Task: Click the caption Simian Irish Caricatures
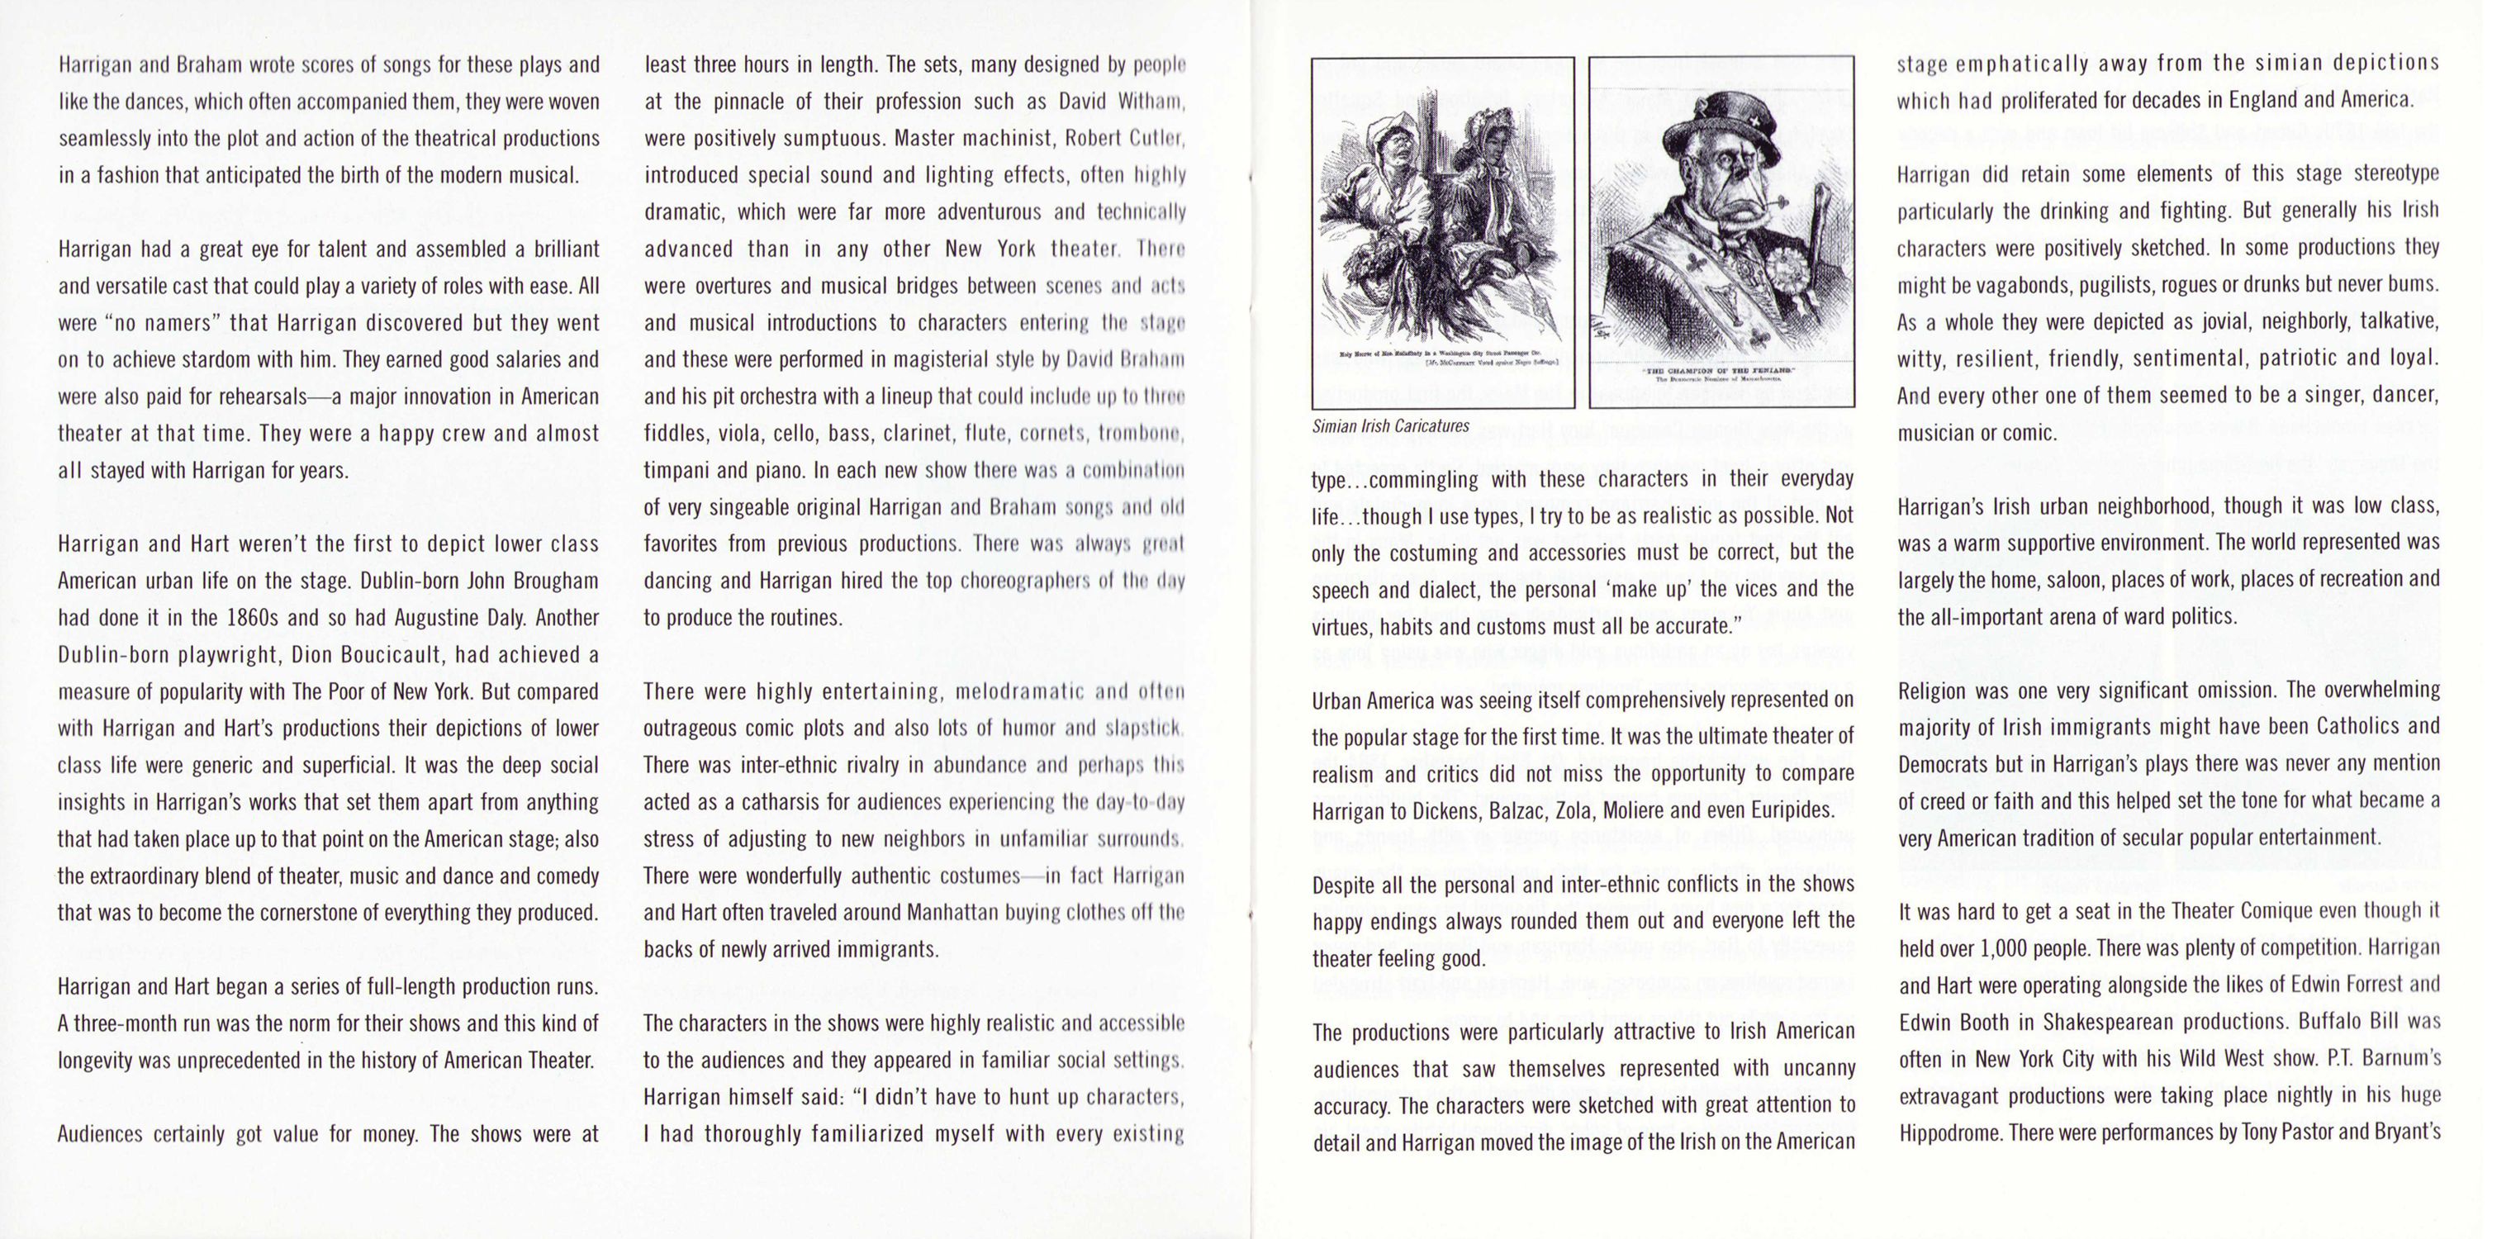coord(1390,426)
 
